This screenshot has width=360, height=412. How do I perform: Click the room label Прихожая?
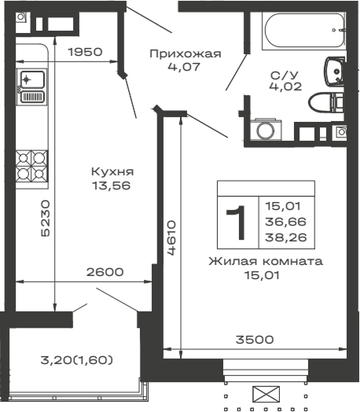click(x=186, y=53)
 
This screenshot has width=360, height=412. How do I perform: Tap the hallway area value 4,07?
click(x=186, y=67)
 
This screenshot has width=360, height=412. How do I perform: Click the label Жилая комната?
click(x=265, y=261)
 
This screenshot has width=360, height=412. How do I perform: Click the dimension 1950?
click(x=85, y=53)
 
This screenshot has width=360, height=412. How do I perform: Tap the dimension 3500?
click(x=255, y=340)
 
